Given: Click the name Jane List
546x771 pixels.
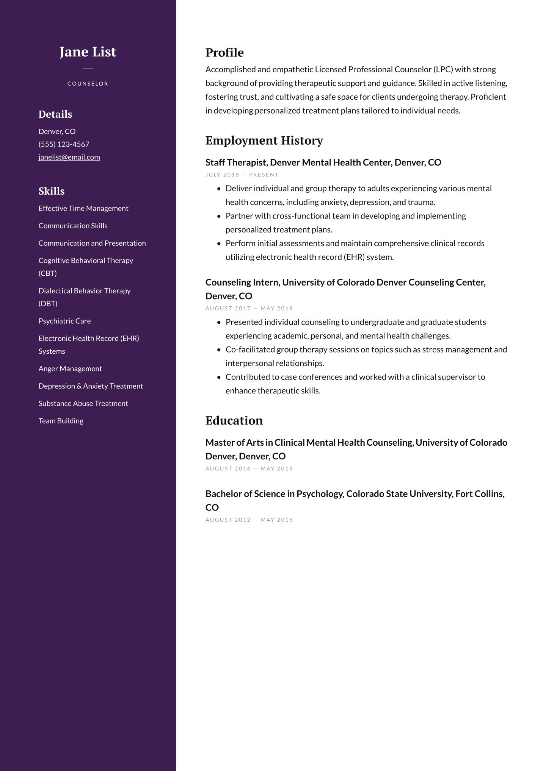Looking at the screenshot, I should click(x=88, y=52).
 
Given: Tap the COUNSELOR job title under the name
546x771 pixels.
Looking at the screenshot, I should click(x=88, y=84).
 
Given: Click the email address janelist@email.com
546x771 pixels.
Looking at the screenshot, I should click(x=69, y=157).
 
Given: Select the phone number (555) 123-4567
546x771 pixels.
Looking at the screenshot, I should click(x=64, y=144).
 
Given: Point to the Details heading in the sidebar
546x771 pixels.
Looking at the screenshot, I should click(x=55, y=114).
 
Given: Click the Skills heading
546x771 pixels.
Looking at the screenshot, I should click(x=51, y=191).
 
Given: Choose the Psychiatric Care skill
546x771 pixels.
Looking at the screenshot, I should click(x=64, y=321).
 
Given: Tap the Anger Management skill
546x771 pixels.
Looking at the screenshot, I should click(x=70, y=369).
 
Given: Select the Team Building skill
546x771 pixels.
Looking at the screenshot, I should click(x=61, y=421).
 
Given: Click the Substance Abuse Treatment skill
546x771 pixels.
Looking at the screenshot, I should click(x=83, y=404).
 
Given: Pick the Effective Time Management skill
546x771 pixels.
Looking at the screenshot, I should click(x=83, y=209).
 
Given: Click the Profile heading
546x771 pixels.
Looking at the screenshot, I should click(x=224, y=53).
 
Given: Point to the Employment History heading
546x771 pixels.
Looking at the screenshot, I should click(x=264, y=140).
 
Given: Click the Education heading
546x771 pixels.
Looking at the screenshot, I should click(x=234, y=421).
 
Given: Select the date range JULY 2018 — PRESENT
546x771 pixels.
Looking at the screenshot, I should click(x=242, y=175).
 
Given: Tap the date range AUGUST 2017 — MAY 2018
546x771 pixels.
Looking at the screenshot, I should click(x=249, y=309).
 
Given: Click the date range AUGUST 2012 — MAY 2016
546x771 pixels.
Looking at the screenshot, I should click(x=249, y=520).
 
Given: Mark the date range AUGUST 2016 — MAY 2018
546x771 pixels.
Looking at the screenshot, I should click(x=249, y=469).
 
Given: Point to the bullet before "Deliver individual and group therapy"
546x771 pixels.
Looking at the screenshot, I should click(x=219, y=189).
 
